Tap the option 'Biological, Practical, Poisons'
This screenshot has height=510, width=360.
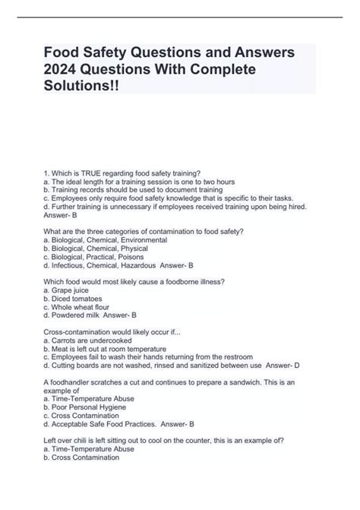[98, 256]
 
